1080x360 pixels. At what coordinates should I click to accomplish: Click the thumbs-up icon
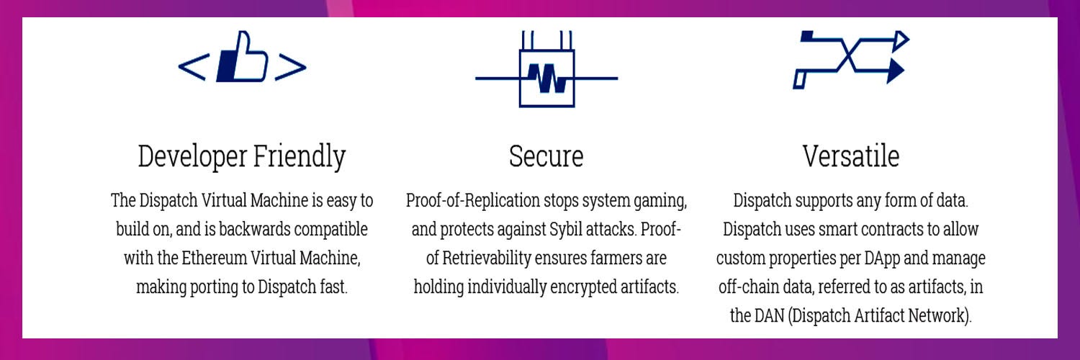[x=242, y=57]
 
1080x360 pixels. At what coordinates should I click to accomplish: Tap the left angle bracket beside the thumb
[x=194, y=66]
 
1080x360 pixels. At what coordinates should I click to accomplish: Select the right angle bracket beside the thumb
[x=291, y=66]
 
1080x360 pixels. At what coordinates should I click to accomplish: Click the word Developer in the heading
[x=192, y=157]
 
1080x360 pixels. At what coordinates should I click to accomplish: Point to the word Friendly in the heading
[x=300, y=157]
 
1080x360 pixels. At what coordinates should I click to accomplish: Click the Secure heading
[x=546, y=157]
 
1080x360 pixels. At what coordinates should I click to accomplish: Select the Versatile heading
[x=851, y=157]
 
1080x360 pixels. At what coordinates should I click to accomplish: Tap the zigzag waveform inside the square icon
[x=546, y=78]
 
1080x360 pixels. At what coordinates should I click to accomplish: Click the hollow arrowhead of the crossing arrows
[x=901, y=40]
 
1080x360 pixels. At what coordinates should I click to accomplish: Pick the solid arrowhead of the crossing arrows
[x=896, y=71]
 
